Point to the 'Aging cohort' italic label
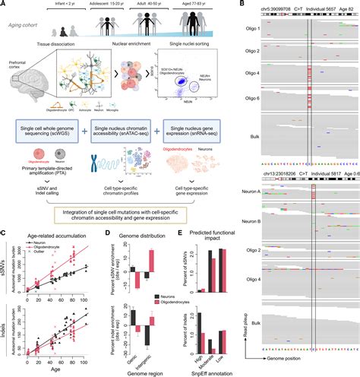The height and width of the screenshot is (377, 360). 26,26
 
